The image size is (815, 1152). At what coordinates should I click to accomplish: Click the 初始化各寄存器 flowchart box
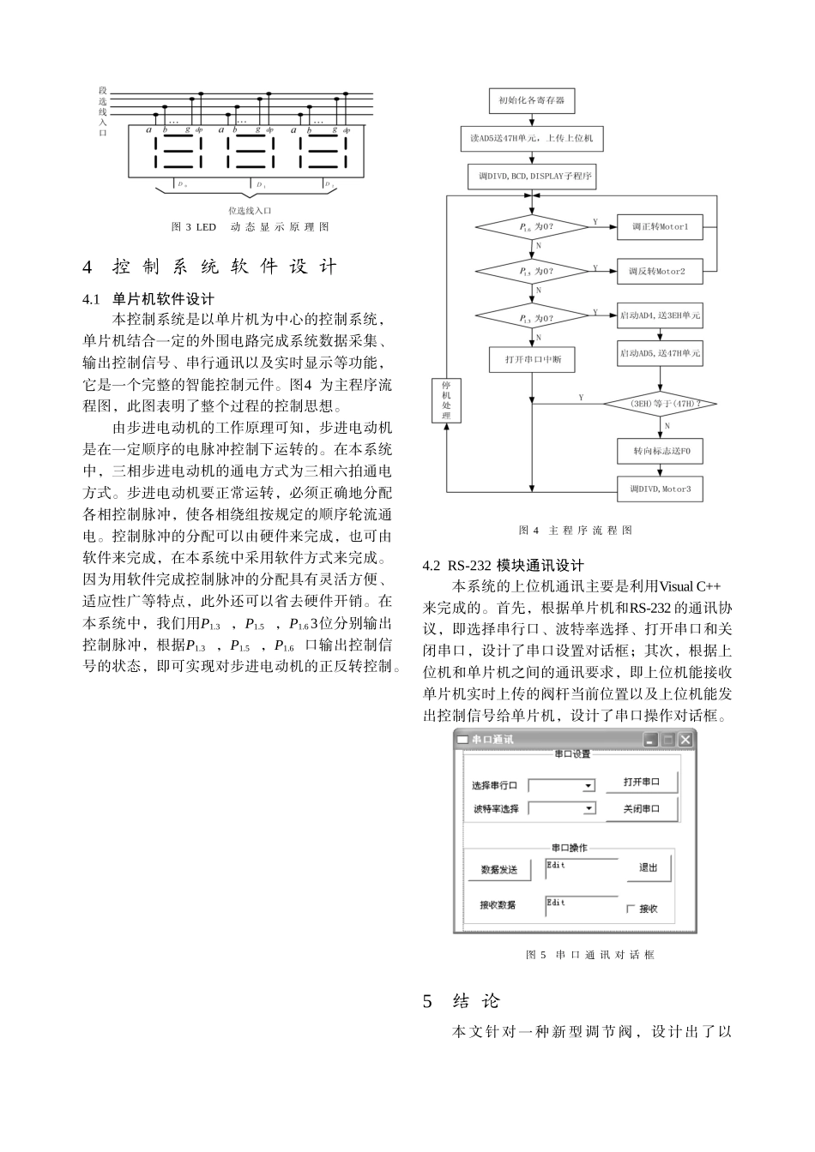click(x=531, y=100)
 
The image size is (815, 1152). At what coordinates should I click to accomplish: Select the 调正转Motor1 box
click(x=660, y=227)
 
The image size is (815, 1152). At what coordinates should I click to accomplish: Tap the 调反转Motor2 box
click(x=660, y=272)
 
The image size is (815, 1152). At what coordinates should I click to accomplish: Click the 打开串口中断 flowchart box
click(x=533, y=360)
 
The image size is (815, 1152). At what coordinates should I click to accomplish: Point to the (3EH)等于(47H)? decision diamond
click(x=660, y=403)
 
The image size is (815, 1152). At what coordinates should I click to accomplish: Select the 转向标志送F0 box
click(x=660, y=451)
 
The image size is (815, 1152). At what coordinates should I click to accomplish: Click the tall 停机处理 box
click(x=445, y=401)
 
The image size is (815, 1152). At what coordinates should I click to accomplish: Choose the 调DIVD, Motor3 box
click(x=660, y=489)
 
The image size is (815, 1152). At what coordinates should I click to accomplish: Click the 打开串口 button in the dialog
click(x=641, y=783)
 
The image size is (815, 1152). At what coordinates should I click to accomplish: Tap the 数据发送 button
click(x=499, y=869)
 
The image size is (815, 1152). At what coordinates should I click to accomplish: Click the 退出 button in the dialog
click(x=648, y=867)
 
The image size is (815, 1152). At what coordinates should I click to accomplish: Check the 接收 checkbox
click(x=631, y=909)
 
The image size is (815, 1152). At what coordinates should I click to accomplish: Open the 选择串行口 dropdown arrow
click(x=589, y=785)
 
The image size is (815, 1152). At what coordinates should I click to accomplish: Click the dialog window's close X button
click(x=685, y=739)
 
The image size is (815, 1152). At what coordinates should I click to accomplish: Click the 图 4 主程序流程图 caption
click(x=575, y=531)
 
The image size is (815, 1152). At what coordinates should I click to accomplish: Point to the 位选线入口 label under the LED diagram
click(x=250, y=210)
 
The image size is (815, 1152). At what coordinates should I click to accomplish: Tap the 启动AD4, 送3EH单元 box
click(x=660, y=315)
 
